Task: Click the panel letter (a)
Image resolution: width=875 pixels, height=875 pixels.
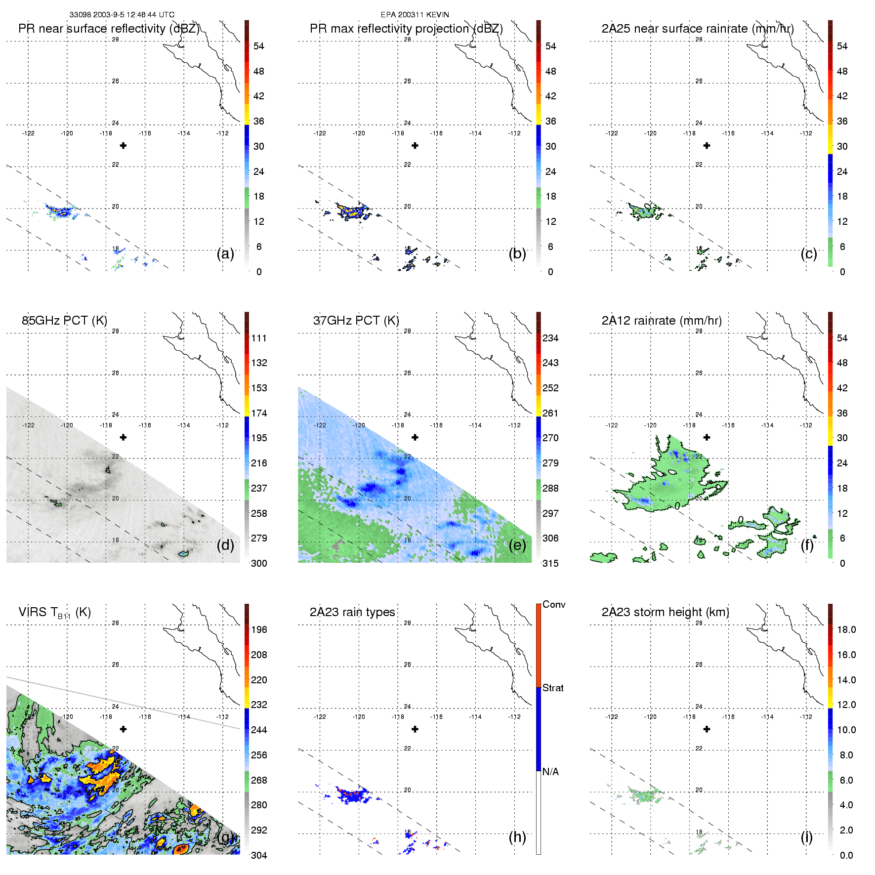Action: [x=225, y=254]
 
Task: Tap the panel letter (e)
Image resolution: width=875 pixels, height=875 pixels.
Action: [x=517, y=545]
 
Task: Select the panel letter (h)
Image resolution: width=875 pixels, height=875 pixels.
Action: [x=517, y=837]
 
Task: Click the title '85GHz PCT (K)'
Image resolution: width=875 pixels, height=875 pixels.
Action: [x=64, y=321]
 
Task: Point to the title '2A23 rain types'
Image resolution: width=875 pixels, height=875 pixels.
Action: [x=352, y=612]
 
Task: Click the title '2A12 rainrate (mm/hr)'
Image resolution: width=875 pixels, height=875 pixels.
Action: [x=662, y=321]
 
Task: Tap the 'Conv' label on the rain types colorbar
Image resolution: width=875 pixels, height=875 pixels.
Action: [x=554, y=605]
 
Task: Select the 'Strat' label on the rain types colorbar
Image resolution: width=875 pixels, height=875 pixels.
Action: [x=553, y=688]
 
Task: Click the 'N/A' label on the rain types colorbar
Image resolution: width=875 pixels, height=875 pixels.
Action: [x=550, y=772]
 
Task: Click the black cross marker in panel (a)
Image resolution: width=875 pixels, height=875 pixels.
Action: [x=123, y=145]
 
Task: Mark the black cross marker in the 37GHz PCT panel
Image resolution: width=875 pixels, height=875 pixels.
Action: [x=415, y=437]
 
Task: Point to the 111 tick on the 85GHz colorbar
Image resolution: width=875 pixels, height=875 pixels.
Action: [x=259, y=338]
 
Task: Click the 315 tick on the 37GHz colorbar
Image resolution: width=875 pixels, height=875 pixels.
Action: [x=550, y=564]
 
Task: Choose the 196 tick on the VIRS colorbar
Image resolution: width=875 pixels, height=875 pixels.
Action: [x=259, y=630]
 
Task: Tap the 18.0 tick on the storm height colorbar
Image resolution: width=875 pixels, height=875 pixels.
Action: [x=846, y=630]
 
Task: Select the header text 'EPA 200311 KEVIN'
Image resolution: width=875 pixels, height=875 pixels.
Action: [x=415, y=15]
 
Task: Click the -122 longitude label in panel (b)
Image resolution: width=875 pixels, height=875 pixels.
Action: [x=320, y=133]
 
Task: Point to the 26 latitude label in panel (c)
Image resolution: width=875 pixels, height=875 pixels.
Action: [x=699, y=81]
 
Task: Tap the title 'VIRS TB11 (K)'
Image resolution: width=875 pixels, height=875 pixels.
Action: [x=54, y=613]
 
